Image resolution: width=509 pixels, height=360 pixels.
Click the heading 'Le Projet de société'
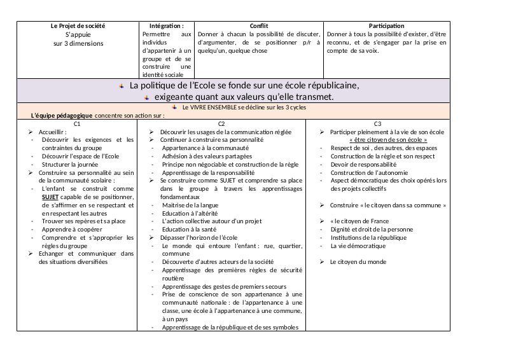pyautogui.click(x=78, y=26)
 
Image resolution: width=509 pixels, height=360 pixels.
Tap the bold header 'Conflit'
pyautogui.click(x=259, y=26)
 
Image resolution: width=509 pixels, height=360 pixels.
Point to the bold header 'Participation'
pyautogui.click(x=386, y=26)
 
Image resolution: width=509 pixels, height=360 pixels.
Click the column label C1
pyautogui.click(x=77, y=123)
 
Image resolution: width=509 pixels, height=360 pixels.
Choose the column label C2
pyautogui.click(x=221, y=123)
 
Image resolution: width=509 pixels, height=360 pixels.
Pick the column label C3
pyautogui.click(x=377, y=123)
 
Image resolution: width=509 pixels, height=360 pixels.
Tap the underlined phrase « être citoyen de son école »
pyautogui.click(x=388, y=139)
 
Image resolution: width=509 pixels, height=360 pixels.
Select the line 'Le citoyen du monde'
pyautogui.click(x=358, y=262)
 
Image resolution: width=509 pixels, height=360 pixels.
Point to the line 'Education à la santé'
pyautogui.click(x=190, y=229)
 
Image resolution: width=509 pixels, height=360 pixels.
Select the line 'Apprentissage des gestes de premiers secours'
pyautogui.click(x=224, y=286)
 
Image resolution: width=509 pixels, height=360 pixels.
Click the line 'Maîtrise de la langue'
pyautogui.click(x=190, y=205)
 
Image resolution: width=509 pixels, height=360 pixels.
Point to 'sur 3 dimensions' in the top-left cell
pyautogui.click(x=78, y=43)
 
